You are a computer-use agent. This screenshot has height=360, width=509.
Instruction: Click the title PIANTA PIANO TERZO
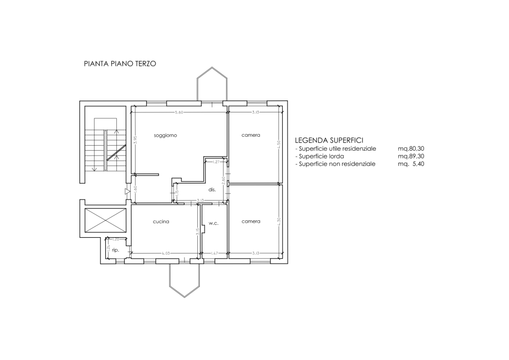pos(120,64)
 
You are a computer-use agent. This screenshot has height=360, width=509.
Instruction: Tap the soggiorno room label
pos(166,135)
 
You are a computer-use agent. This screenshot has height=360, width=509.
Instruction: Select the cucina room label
pos(161,222)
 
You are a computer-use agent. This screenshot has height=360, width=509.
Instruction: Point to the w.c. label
pos(214,223)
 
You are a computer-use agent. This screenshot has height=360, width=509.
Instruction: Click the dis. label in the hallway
pos(212,189)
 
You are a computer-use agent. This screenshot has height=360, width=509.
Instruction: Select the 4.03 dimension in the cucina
pos(166,254)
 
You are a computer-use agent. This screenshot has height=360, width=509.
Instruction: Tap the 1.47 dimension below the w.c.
pos(215,254)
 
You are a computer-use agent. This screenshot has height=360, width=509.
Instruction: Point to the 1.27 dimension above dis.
pos(216,162)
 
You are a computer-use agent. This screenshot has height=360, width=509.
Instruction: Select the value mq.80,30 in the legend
pos(411,149)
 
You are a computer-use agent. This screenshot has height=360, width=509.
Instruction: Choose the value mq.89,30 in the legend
pos(411,156)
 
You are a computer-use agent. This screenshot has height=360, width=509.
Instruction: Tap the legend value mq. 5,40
pos(411,164)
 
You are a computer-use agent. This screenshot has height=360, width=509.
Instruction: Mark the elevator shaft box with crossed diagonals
pos(105,220)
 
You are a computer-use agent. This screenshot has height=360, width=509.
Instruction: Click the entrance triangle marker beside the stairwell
pos(127,191)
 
